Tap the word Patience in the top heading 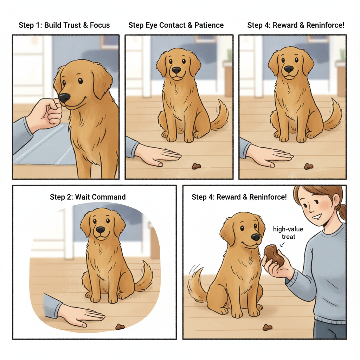(x=209, y=25)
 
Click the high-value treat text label (x=288, y=233)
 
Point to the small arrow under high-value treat (x=283, y=244)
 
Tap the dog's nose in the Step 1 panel (x=64, y=98)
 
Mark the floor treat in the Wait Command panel (x=120, y=327)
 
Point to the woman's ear (x=336, y=200)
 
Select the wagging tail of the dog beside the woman (x=197, y=285)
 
